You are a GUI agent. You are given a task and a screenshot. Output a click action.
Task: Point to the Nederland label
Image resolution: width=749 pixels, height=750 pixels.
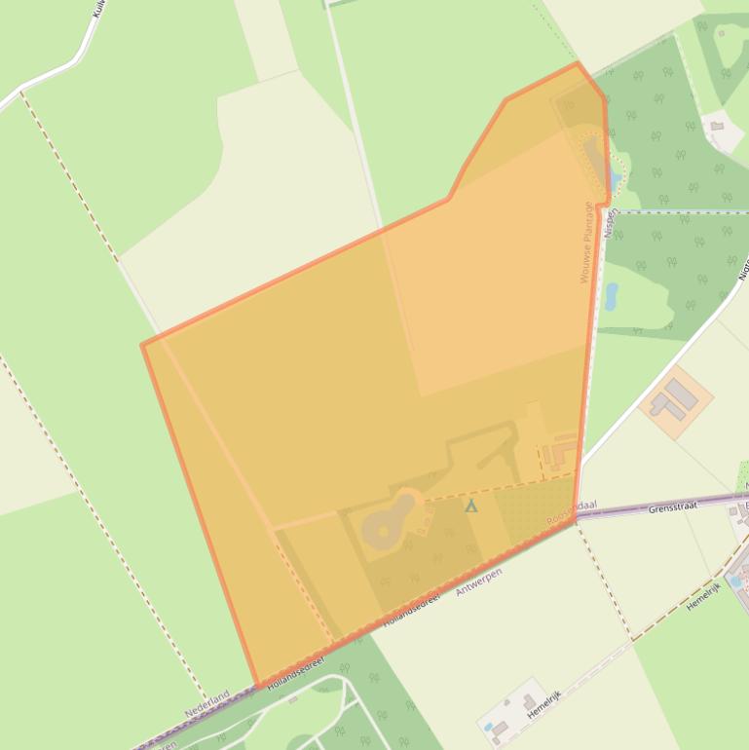click(206, 703)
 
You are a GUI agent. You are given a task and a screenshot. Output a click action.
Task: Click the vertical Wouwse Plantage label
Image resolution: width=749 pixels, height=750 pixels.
click(586, 243)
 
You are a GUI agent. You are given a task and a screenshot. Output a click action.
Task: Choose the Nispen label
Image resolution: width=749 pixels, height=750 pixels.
click(611, 222)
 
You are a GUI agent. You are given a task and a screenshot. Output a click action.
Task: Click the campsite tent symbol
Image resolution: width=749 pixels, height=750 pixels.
click(471, 506)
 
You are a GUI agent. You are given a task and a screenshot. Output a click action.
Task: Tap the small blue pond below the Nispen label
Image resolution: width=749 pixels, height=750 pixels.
click(611, 296)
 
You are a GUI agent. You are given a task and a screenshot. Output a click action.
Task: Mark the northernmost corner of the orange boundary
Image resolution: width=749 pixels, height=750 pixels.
click(578, 64)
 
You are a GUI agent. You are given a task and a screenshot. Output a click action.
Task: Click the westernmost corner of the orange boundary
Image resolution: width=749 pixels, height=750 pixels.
click(143, 345)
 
